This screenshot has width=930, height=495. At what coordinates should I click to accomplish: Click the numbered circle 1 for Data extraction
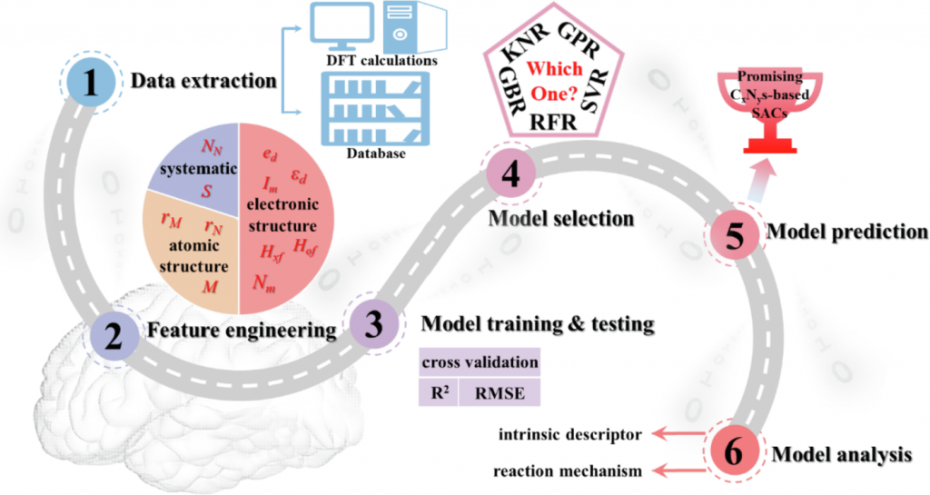point(89,82)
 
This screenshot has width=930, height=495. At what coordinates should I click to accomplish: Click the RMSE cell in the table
point(500,391)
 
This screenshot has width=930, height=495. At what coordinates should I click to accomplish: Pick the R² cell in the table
point(439,391)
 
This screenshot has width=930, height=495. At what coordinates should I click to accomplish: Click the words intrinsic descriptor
point(568,435)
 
